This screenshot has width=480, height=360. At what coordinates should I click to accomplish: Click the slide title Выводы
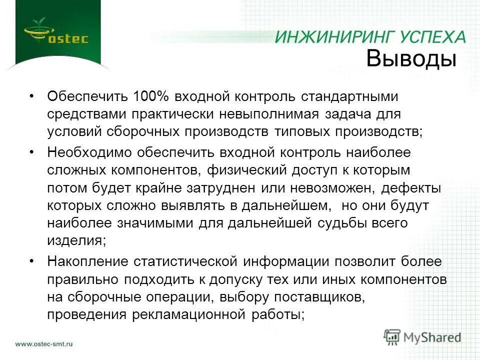coord(411,59)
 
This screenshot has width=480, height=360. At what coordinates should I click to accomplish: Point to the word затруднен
coord(230,188)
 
